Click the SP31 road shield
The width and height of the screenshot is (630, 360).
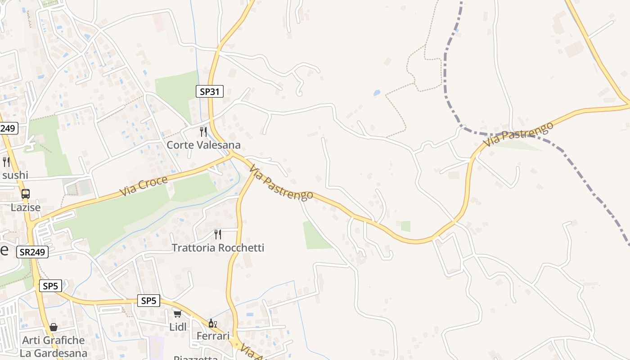coord(210,91)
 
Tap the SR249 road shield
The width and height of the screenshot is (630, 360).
coord(32,252)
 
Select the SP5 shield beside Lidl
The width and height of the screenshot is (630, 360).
coord(148,301)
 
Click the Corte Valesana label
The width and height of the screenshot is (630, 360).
coord(203,145)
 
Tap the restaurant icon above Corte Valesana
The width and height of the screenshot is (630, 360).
coord(203,131)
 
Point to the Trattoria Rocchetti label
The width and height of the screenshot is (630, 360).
coord(218,247)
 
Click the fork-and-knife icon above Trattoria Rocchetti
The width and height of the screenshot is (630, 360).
coord(218,234)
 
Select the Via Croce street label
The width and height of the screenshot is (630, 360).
coord(144,186)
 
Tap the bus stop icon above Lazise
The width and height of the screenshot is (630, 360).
coord(26,194)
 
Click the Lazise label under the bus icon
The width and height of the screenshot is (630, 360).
coord(26,208)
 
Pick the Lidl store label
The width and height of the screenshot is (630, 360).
coord(178,327)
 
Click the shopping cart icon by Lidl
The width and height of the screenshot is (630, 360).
coord(177,314)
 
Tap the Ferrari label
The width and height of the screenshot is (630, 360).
coord(213,336)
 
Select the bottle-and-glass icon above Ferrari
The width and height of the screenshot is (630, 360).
coord(212,323)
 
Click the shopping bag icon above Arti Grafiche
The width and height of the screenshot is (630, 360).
coord(53,327)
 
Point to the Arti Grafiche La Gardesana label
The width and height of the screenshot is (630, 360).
coord(54,346)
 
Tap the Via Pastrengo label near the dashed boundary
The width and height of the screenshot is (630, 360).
coord(518,134)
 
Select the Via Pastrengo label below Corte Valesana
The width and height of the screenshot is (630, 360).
coord(281,183)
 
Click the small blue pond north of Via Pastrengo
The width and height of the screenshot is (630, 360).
coord(377,93)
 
